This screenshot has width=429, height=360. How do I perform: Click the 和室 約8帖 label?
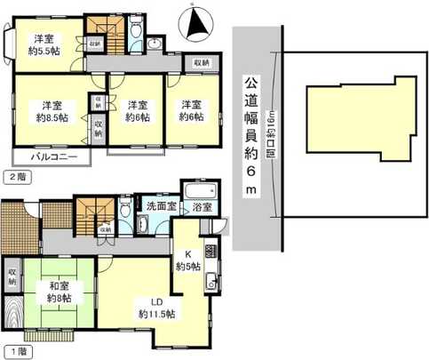[60, 292]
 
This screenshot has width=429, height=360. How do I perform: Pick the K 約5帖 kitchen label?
[188, 259]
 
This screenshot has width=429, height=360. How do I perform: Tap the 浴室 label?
[201, 207]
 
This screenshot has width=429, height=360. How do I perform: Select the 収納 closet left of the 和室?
[12, 276]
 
